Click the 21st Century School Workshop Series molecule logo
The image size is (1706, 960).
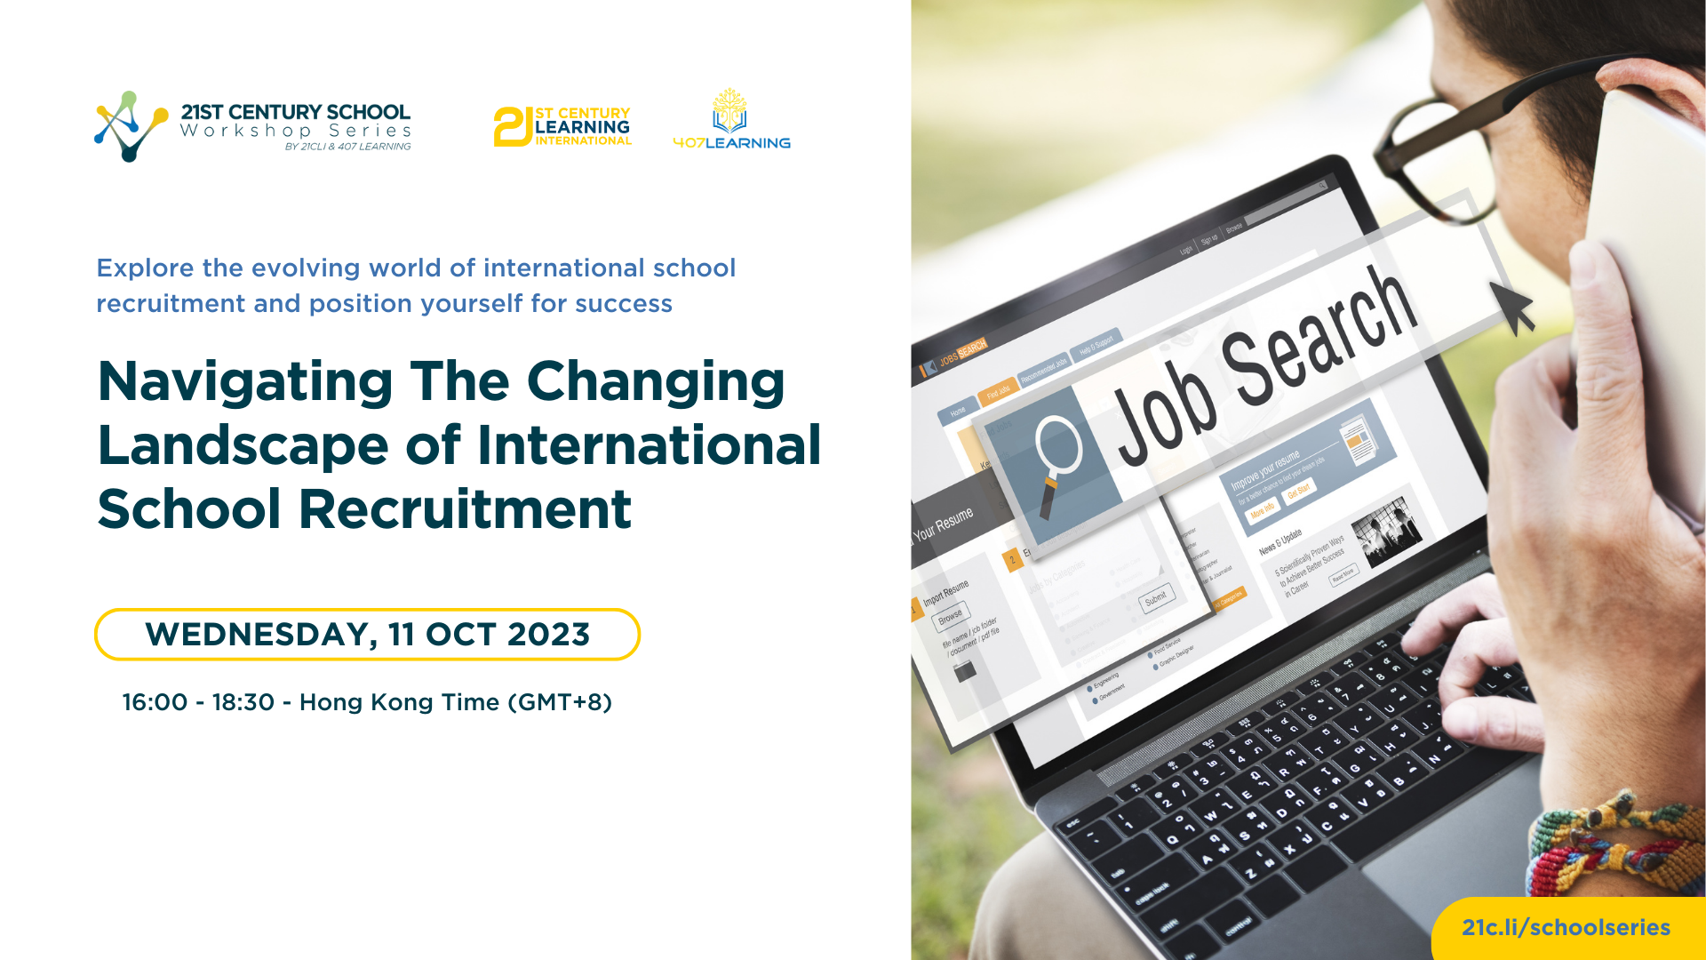tap(131, 125)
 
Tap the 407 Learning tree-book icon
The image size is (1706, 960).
tap(729, 110)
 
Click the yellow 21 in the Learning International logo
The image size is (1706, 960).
tap(513, 126)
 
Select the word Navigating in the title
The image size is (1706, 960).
tap(245, 382)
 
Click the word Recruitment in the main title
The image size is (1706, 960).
tap(465, 509)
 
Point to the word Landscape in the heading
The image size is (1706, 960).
tap(243, 445)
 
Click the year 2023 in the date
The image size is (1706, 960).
tap(548, 635)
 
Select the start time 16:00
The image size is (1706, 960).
tap(155, 702)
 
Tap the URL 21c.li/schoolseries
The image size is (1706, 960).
tap(1566, 927)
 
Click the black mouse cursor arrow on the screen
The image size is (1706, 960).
tap(1514, 307)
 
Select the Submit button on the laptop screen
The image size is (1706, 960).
tap(1156, 600)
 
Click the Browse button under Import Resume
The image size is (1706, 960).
tap(950, 615)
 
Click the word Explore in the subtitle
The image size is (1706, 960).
tap(145, 268)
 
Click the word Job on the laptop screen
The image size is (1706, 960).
tap(1164, 418)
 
